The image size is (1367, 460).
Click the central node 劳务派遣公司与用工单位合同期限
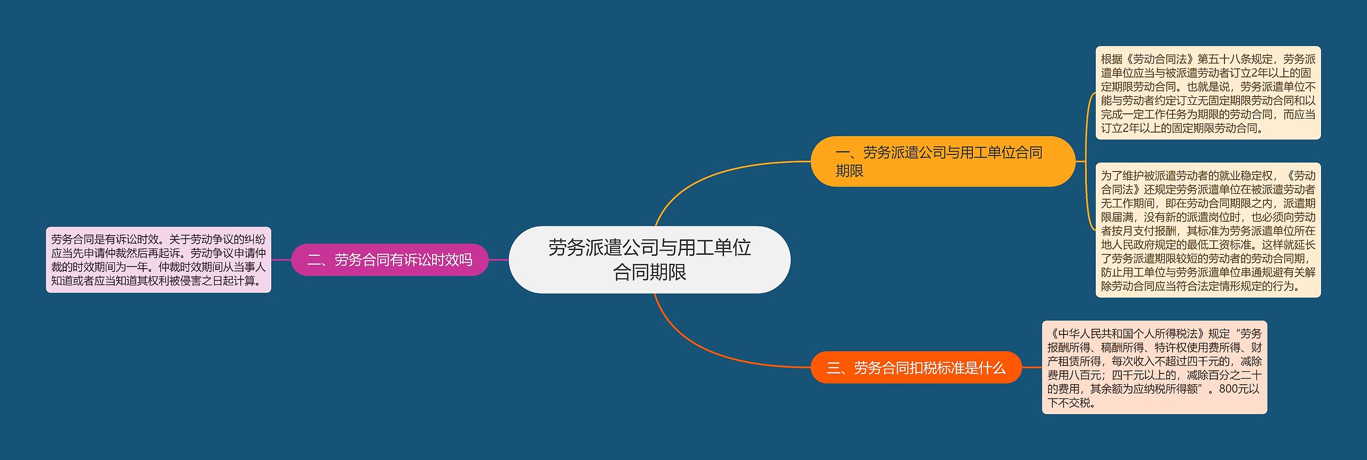pos(649,260)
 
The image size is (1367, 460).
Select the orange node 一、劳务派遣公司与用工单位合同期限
pos(942,161)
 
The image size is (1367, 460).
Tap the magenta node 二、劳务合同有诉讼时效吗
pos(390,260)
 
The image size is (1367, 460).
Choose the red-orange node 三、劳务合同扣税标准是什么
pos(916,368)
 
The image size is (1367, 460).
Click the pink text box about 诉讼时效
pos(159,260)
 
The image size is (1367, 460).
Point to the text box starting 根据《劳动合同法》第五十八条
pos(1208,93)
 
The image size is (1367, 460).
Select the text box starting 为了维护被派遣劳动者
pos(1208,230)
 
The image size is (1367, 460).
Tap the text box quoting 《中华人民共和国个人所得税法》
pos(1154,368)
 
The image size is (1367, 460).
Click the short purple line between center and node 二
pos(499,260)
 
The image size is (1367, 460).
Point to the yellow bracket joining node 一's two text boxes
pos(1088,160)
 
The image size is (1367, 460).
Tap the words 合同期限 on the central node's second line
pos(649,272)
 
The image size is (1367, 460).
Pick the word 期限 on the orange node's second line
pos(850,171)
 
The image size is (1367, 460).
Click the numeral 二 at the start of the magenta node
pos(314,260)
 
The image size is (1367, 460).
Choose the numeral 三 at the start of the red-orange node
pos(834,368)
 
